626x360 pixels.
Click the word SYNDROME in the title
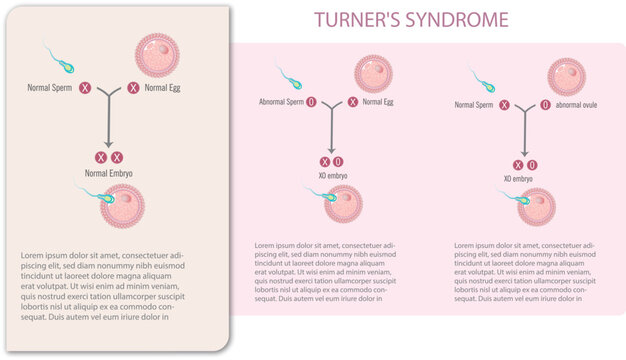click(456, 19)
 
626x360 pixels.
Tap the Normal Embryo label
click(108, 173)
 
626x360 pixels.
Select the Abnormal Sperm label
click(281, 102)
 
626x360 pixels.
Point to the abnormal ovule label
click(569, 104)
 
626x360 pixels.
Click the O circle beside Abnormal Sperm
click(311, 102)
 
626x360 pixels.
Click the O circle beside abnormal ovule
click(533, 104)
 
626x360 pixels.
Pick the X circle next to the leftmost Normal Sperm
click(86, 89)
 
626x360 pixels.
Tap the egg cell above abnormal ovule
click(566, 76)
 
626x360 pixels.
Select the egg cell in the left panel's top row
click(159, 57)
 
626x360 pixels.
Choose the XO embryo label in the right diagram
click(518, 179)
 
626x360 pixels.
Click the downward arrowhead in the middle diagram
click(331, 149)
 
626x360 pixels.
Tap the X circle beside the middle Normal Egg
click(351, 102)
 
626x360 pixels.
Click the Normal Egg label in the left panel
click(162, 89)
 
